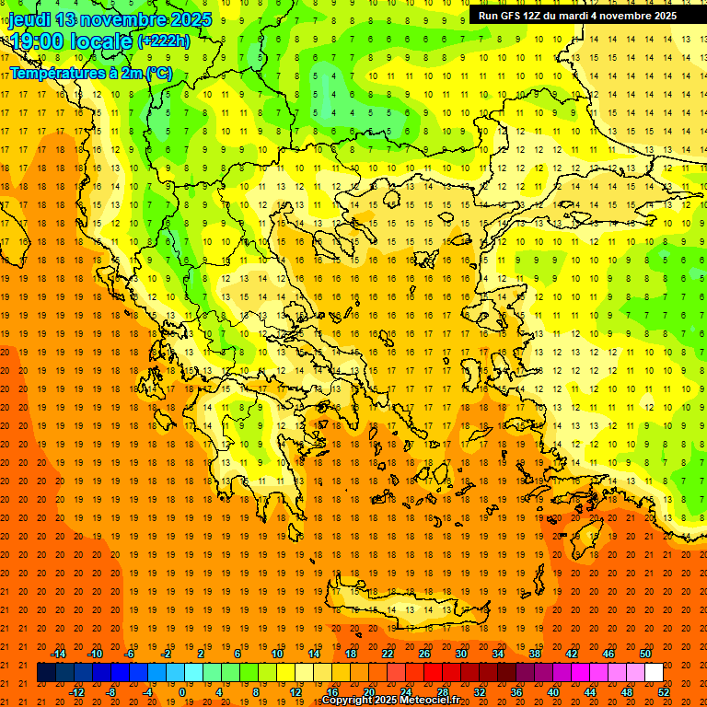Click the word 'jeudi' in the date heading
click(30, 19)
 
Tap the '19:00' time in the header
click(34, 41)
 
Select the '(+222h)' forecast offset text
click(163, 41)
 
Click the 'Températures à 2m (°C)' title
click(90, 73)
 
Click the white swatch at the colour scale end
click(654, 673)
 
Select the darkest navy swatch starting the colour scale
click(46, 673)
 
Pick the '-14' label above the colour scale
click(58, 654)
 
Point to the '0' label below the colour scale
click(181, 692)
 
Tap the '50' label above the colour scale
click(645, 654)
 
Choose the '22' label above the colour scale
click(388, 654)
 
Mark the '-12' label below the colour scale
click(76, 692)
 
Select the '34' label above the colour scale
click(498, 654)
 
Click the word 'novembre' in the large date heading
click(124, 19)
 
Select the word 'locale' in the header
click(102, 41)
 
